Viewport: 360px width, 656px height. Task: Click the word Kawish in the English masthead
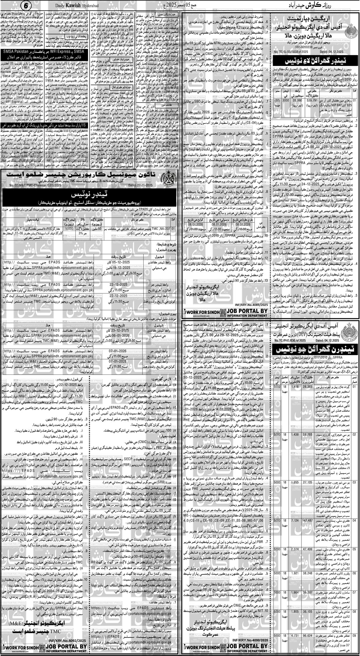tap(70, 6)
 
